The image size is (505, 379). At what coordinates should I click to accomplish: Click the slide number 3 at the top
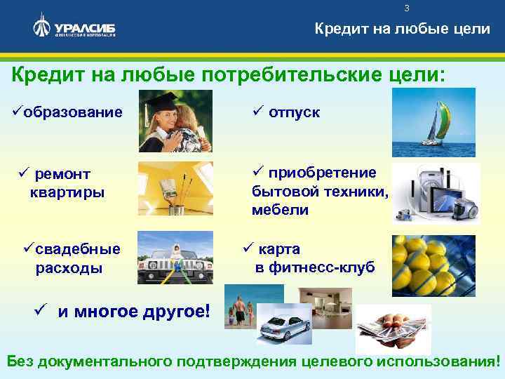406,8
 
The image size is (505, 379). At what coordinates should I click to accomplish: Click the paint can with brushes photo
175,187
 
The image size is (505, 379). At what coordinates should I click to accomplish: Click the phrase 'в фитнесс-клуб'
315,267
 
